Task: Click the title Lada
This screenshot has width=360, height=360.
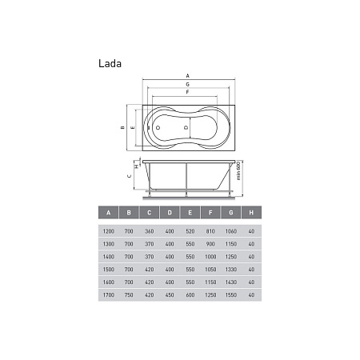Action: pyautogui.click(x=110, y=63)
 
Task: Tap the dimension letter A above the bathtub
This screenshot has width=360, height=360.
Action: pyautogui.click(x=188, y=76)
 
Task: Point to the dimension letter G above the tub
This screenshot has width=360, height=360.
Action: pyautogui.click(x=188, y=84)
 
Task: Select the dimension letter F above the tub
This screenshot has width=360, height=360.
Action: pyautogui.click(x=188, y=92)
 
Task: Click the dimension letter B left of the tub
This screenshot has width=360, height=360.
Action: pyautogui.click(x=122, y=127)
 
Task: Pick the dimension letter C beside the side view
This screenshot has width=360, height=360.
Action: pyautogui.click(x=130, y=176)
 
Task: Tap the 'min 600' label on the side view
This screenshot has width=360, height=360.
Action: pyautogui.click(x=238, y=170)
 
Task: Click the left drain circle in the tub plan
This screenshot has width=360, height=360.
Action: pyautogui.click(x=158, y=128)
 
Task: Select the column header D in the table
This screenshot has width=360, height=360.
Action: pyautogui.click(x=170, y=213)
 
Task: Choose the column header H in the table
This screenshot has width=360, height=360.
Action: pyautogui.click(x=251, y=213)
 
